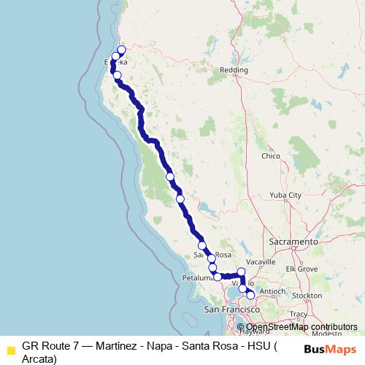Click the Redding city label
pyautogui.click(x=234, y=70)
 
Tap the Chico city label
pyautogui.click(x=271, y=156)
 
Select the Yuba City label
pyautogui.click(x=285, y=196)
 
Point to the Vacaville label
pyautogui.click(x=261, y=261)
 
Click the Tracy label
pyautogui.click(x=298, y=314)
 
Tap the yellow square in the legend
pyautogui.click(x=11, y=349)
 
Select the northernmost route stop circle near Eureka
pyautogui.click(x=121, y=50)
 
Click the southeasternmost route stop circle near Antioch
pyautogui.click(x=250, y=295)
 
